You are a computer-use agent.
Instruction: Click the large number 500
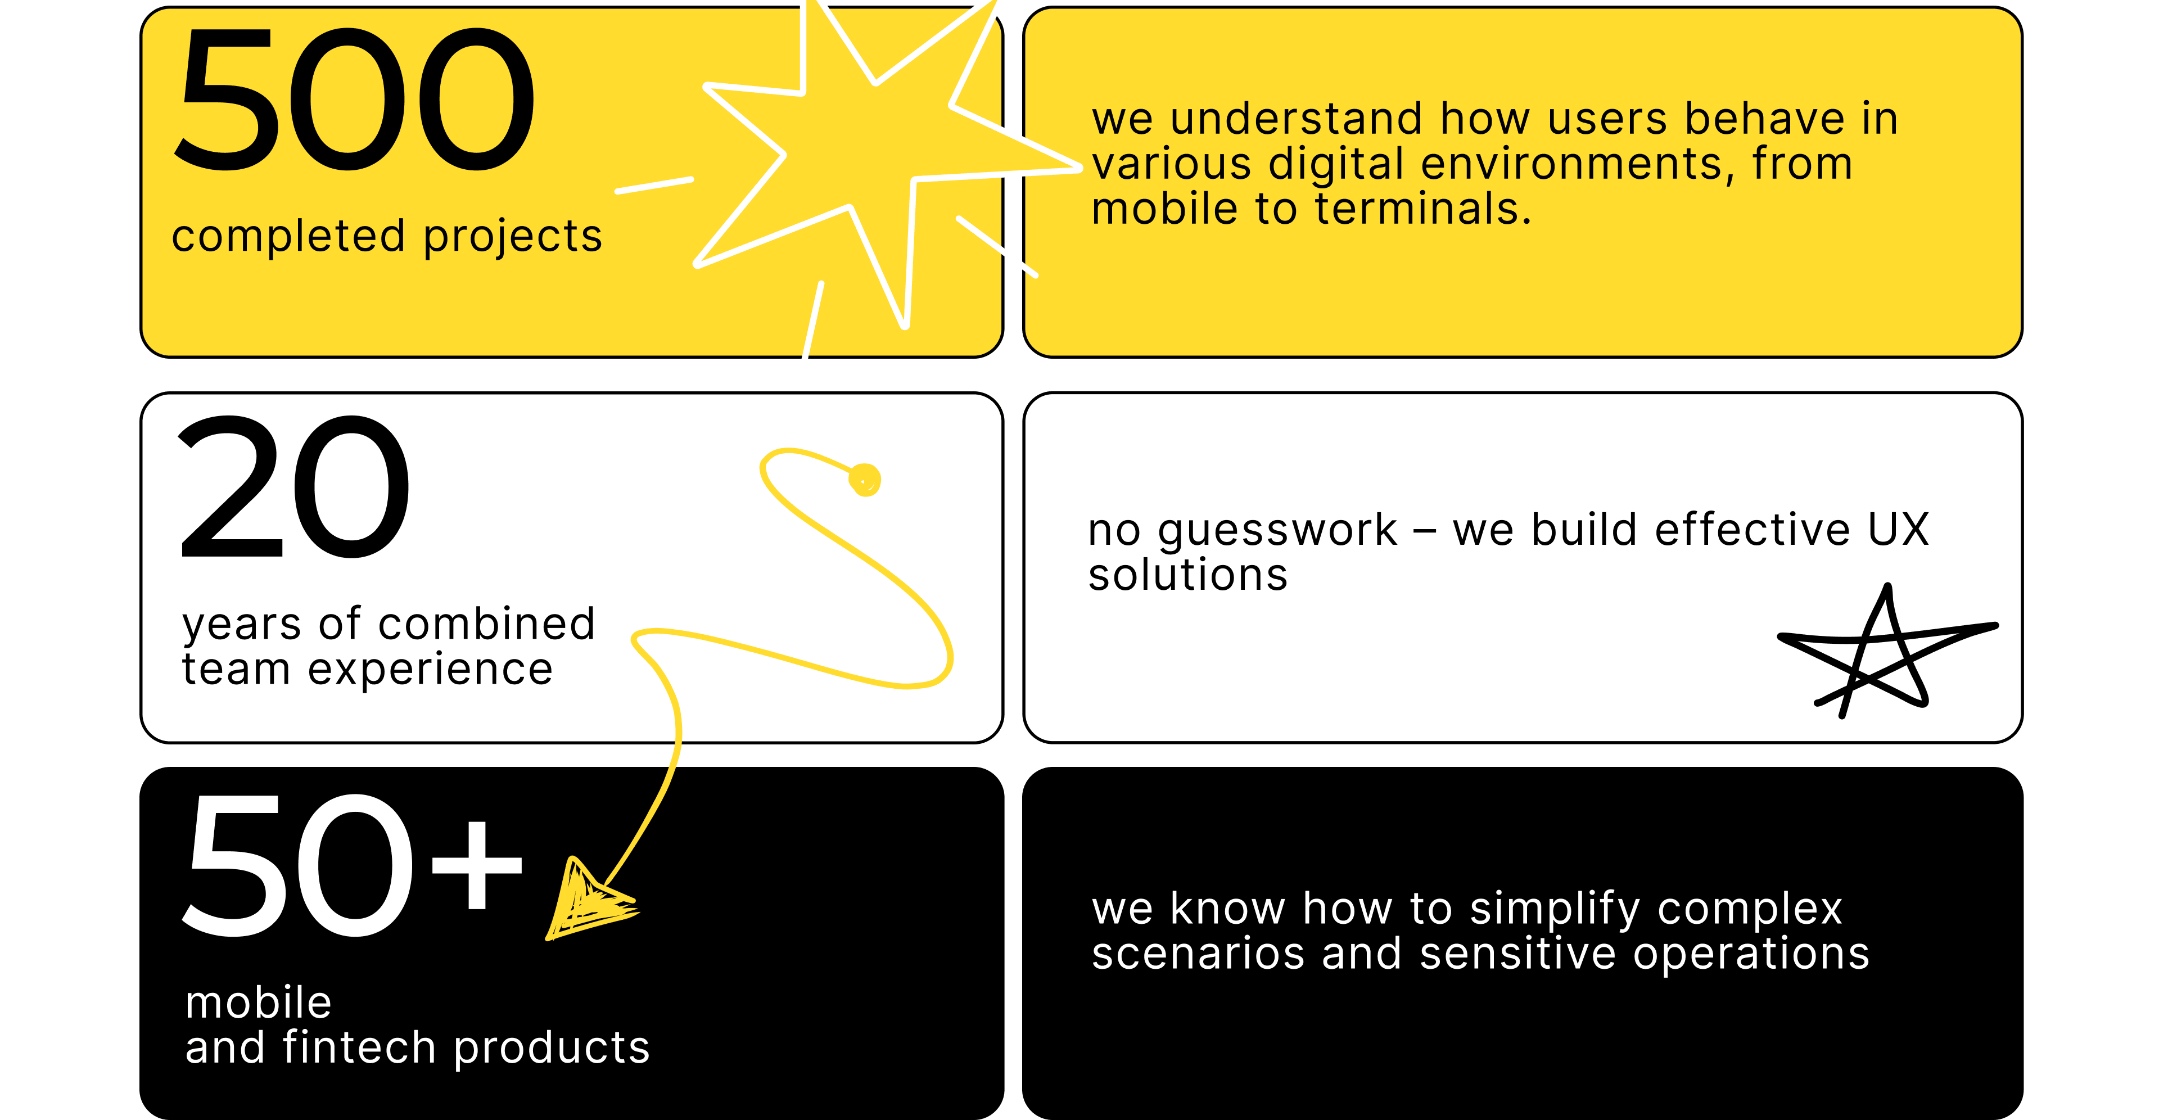click(354, 99)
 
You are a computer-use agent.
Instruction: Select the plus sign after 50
click(478, 864)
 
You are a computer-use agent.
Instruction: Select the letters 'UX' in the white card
click(1899, 530)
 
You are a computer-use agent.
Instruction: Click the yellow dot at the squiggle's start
click(865, 480)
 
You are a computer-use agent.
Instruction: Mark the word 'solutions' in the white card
click(1187, 576)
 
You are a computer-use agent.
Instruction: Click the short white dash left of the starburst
click(654, 186)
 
